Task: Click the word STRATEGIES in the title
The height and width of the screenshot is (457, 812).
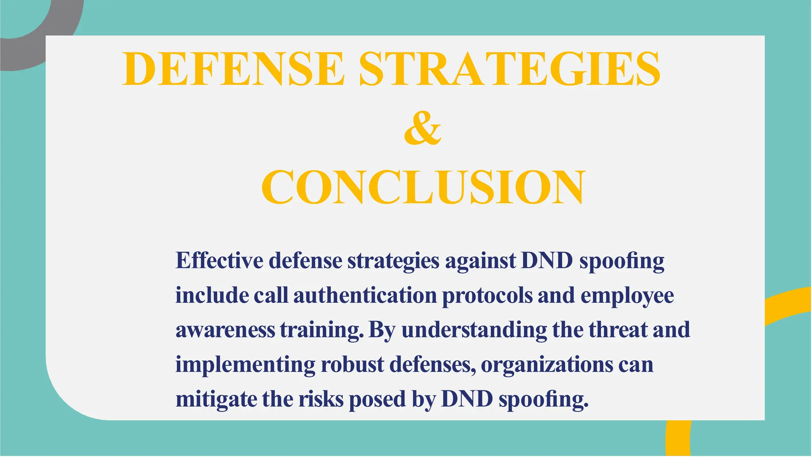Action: [509, 69]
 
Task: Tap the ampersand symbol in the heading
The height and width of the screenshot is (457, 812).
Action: [422, 128]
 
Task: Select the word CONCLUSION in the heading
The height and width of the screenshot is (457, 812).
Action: [423, 187]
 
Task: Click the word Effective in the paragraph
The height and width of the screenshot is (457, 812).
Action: [219, 261]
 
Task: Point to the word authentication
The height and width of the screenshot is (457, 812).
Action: [365, 296]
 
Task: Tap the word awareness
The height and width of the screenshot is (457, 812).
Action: [225, 330]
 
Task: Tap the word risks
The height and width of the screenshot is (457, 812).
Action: [321, 399]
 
